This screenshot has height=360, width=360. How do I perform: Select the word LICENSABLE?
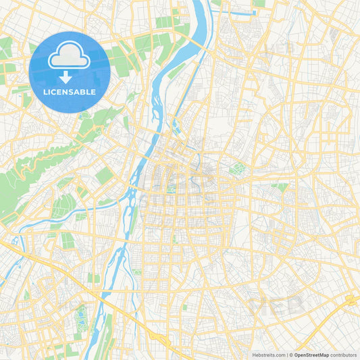click(70, 91)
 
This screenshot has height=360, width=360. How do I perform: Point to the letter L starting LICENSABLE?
click(44, 91)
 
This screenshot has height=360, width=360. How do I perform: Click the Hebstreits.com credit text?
click(269, 355)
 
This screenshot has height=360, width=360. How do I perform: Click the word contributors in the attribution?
click(344, 355)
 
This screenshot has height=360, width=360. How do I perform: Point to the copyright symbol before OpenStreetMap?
click(292, 355)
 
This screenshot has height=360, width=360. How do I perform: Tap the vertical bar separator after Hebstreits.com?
click(287, 355)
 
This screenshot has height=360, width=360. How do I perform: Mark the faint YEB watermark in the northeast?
click(278, 49)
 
